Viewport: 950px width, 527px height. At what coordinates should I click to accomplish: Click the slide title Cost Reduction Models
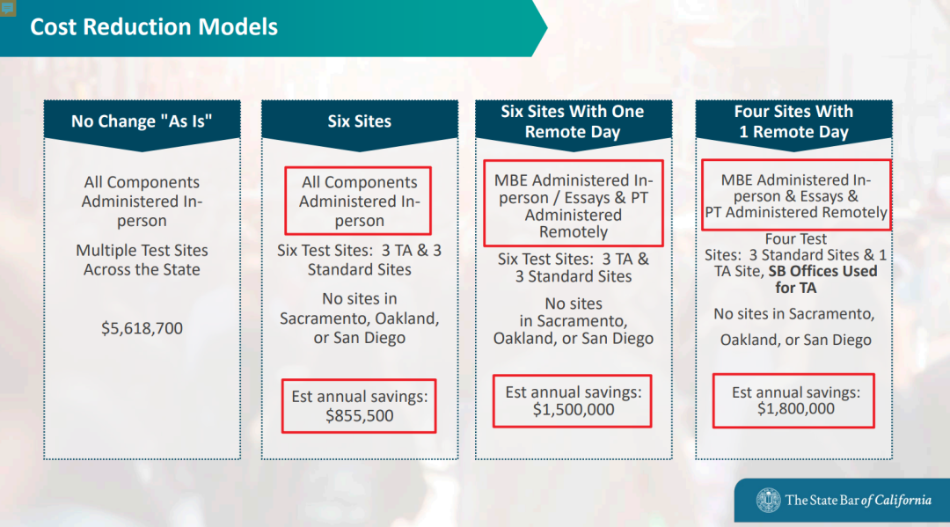pyautogui.click(x=154, y=26)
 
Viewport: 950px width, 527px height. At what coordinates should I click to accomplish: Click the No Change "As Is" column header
pyautogui.click(x=142, y=121)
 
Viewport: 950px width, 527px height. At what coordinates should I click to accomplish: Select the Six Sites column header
pyautogui.click(x=359, y=121)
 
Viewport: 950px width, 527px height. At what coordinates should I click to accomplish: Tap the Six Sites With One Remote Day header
pyautogui.click(x=573, y=121)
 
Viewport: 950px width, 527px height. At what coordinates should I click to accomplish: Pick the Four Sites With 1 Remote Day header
pyautogui.click(x=793, y=121)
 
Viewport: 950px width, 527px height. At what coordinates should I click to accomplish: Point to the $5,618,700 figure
pyautogui.click(x=142, y=328)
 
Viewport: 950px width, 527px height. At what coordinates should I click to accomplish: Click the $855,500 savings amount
pyautogui.click(x=359, y=415)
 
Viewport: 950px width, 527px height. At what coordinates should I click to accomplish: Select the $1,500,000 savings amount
pyautogui.click(x=574, y=409)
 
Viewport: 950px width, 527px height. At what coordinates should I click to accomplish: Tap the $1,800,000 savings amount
pyautogui.click(x=795, y=409)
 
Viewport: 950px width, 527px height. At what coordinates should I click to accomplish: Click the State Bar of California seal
pyautogui.click(x=768, y=501)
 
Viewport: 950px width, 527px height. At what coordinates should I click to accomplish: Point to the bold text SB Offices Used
pyautogui.click(x=822, y=271)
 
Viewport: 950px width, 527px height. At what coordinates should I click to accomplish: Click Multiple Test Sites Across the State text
pyautogui.click(x=142, y=260)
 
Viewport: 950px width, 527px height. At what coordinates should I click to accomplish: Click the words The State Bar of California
pyautogui.click(x=858, y=501)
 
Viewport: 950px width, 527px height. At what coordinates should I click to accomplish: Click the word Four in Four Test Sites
pyautogui.click(x=779, y=238)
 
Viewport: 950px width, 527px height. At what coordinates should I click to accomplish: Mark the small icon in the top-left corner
pyautogui.click(x=7, y=8)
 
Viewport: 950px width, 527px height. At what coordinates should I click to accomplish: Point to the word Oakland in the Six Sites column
pyautogui.click(x=406, y=318)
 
